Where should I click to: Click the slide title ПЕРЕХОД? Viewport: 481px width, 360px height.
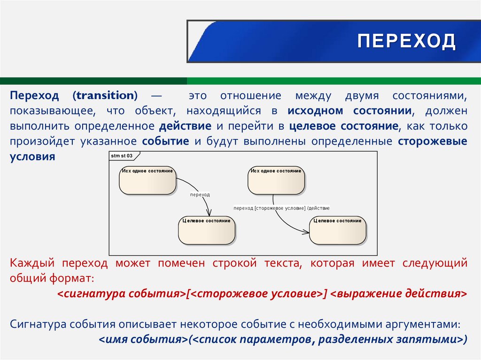(x=406, y=41)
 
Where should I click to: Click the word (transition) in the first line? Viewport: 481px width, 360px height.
(x=105, y=96)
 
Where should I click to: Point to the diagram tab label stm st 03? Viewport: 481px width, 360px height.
(x=121, y=155)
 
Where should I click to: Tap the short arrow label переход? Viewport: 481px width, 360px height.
(x=200, y=194)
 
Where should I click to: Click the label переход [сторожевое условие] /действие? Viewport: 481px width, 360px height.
(x=281, y=208)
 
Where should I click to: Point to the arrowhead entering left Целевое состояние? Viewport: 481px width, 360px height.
(x=209, y=214)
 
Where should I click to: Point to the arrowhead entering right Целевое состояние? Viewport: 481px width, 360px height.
(x=307, y=231)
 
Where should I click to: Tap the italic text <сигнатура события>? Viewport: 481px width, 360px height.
(x=121, y=294)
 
